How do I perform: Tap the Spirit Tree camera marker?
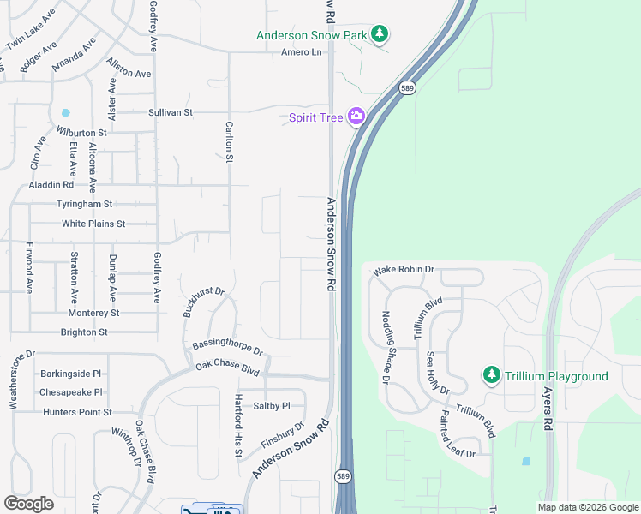point(356,117)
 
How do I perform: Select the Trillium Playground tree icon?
point(491,376)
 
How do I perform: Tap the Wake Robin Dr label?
point(404,270)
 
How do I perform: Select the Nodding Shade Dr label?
point(386,346)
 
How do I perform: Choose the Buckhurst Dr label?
point(203,302)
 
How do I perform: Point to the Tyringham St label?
point(84,204)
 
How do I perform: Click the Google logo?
point(28,504)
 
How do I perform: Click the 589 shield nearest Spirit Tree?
point(406,87)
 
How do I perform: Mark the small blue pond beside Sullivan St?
point(65,112)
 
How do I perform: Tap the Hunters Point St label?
point(77,412)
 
